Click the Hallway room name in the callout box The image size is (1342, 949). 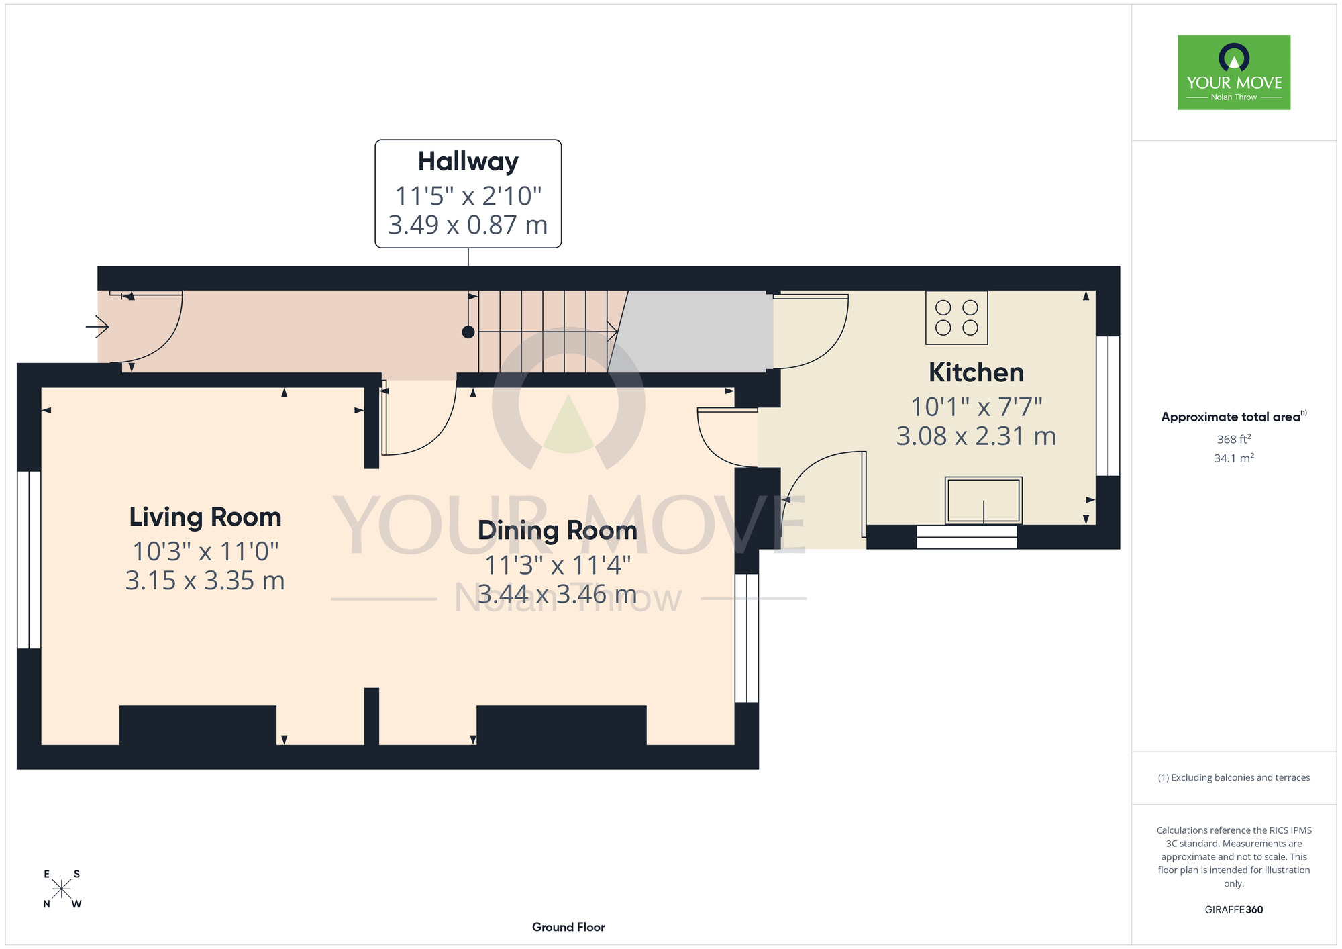click(x=468, y=162)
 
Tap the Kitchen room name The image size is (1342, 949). click(x=976, y=372)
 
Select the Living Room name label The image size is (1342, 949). click(x=205, y=517)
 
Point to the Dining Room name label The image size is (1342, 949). click(x=557, y=530)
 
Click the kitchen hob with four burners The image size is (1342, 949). click(x=956, y=317)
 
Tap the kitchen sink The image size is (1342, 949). click(x=983, y=500)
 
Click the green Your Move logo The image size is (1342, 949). click(x=1234, y=72)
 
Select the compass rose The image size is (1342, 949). click(x=62, y=889)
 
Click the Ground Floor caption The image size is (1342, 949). click(x=568, y=927)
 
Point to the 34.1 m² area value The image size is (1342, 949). click(x=1234, y=458)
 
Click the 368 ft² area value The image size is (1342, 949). click(x=1234, y=440)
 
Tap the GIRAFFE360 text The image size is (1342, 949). click(x=1234, y=910)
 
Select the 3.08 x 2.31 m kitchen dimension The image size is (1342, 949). click(x=976, y=436)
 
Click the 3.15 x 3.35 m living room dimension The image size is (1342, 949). click(x=205, y=581)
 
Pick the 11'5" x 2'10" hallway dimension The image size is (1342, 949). click(x=468, y=196)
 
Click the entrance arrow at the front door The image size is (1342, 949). click(x=97, y=327)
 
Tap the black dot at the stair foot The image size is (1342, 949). click(x=468, y=332)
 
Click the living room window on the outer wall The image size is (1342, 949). click(x=29, y=560)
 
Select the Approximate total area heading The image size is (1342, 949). click(x=1234, y=417)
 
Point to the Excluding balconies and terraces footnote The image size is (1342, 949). click(x=1234, y=777)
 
